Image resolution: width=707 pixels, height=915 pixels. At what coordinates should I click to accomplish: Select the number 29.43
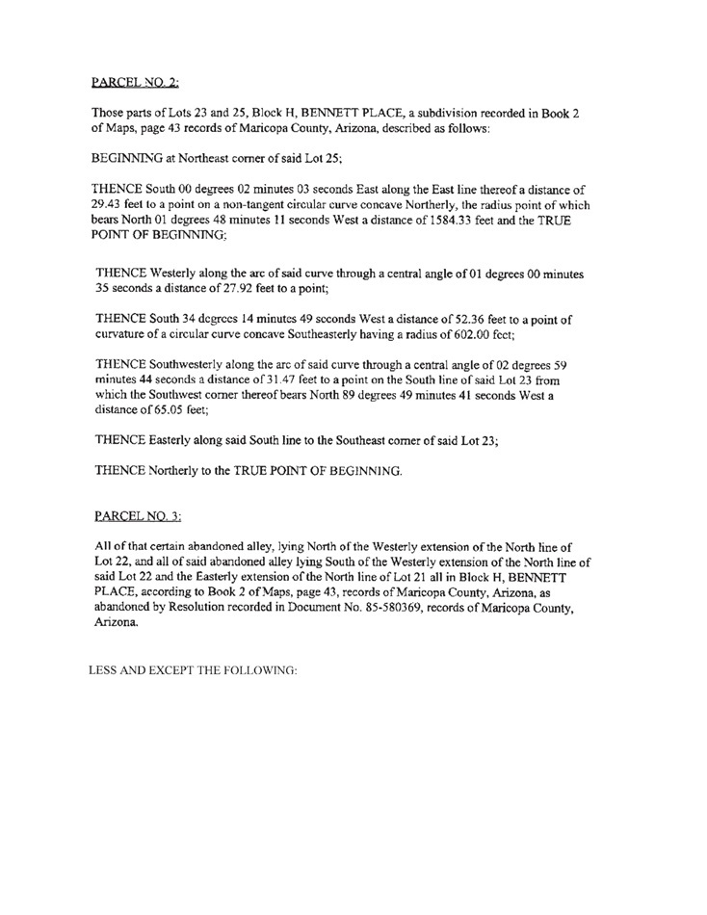pos(108,205)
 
